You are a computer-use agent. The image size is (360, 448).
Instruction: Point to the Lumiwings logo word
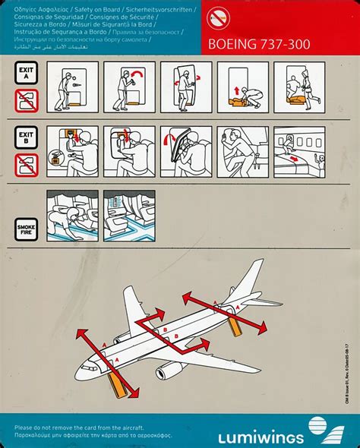[261, 437]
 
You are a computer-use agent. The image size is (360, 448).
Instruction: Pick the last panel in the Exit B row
[298, 152]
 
